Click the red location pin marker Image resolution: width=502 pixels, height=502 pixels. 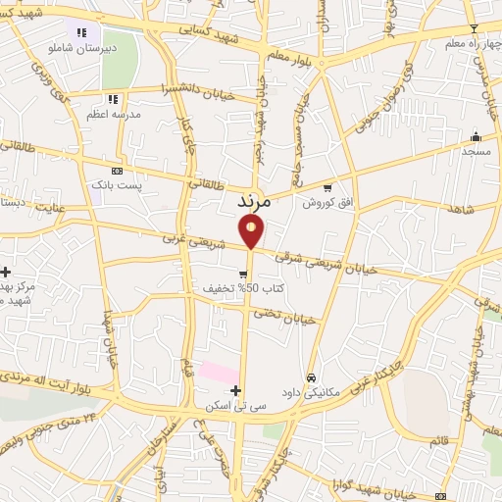tap(251, 231)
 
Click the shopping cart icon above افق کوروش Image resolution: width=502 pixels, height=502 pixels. tap(326, 187)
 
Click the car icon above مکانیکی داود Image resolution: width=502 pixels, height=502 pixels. tap(311, 377)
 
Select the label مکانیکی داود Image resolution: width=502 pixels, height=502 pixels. tap(310, 392)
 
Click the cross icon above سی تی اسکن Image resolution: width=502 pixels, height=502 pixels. tap(235, 390)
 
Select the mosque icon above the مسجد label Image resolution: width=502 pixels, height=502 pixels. tap(477, 136)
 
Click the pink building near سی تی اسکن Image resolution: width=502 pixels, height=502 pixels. tap(218, 373)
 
